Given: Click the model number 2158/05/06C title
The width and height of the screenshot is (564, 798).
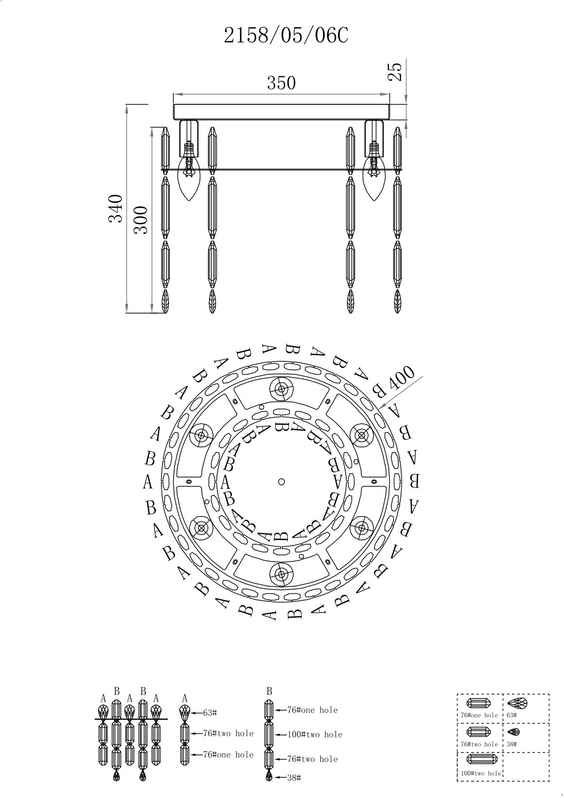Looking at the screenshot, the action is [x=285, y=36].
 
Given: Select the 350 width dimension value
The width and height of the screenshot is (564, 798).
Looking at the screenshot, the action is [x=282, y=83].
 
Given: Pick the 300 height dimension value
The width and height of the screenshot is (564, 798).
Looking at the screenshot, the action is [x=141, y=220].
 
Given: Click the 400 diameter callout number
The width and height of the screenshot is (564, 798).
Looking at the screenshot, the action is [x=402, y=378].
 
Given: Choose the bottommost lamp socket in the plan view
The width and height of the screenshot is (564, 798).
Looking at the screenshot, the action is [x=282, y=574].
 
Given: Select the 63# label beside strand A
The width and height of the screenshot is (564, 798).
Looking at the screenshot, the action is [x=210, y=713].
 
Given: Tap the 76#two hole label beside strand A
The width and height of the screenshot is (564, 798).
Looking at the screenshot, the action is [x=228, y=733].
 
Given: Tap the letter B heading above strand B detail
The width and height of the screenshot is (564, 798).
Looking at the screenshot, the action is [x=269, y=691].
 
